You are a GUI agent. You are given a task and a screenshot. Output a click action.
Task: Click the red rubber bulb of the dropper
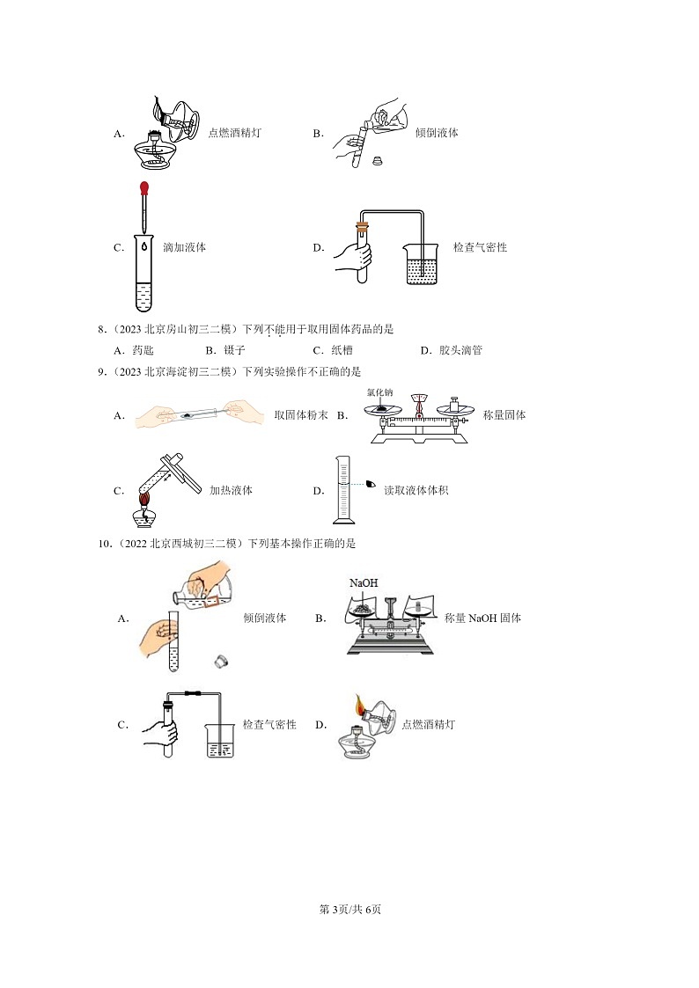point(143,187)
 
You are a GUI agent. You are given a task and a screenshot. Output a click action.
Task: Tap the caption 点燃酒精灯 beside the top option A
point(234,134)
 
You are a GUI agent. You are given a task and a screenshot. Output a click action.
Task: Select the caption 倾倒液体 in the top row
point(437,134)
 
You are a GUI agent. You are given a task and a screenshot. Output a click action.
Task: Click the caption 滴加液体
point(185,248)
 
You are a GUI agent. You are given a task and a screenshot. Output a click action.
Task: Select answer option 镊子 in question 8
point(232,350)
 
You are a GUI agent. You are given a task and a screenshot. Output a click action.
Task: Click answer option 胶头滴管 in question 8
point(460,350)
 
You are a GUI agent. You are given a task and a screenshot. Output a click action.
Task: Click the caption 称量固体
point(504,415)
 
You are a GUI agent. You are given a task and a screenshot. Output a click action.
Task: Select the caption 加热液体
point(231,490)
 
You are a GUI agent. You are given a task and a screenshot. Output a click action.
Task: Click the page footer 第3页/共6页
point(349,909)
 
